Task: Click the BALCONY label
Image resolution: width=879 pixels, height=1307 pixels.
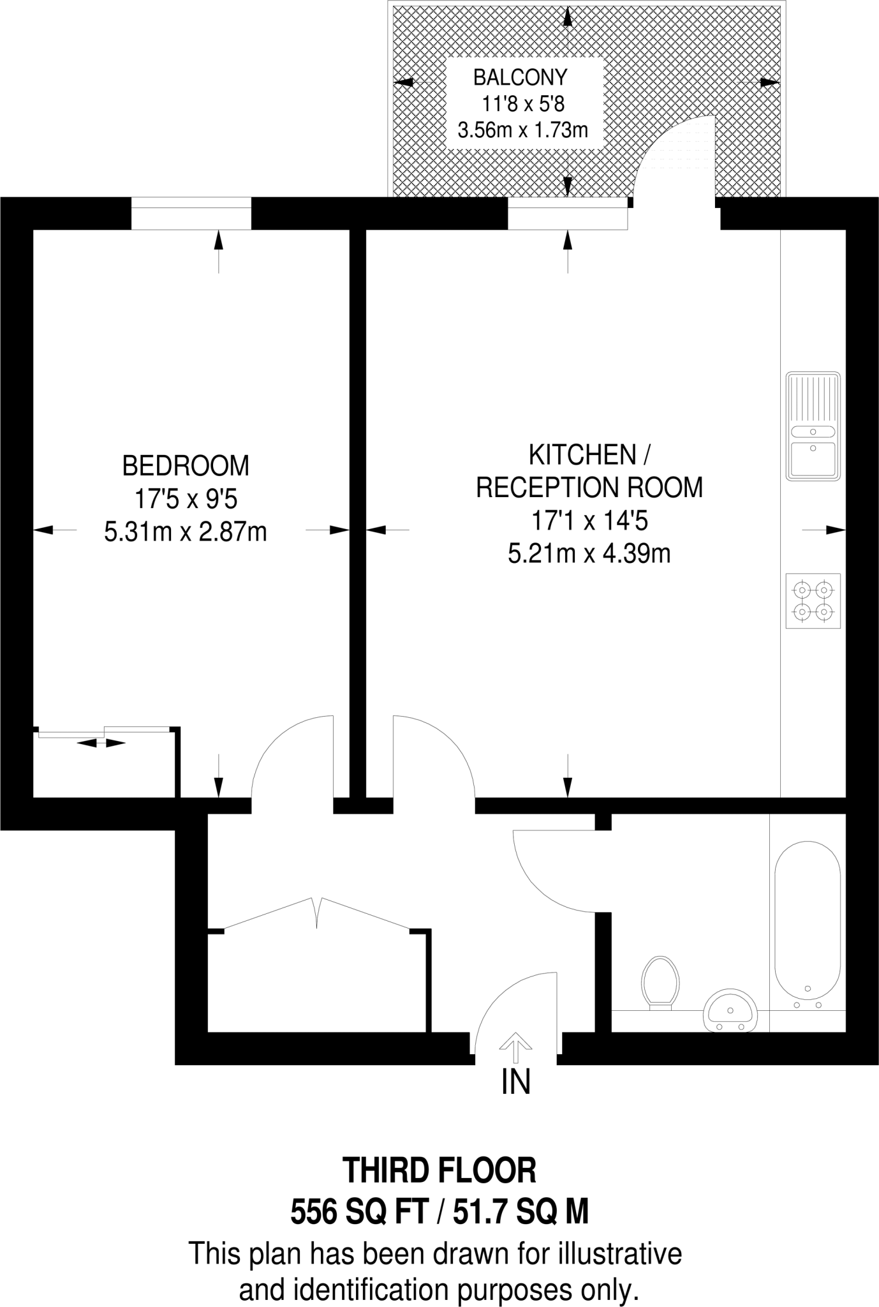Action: coord(519,77)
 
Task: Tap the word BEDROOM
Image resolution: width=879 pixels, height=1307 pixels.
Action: coord(186,467)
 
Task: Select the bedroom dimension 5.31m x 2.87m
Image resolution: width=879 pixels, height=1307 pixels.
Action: coord(186,532)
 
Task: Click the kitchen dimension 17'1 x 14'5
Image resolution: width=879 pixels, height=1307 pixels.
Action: coord(589,521)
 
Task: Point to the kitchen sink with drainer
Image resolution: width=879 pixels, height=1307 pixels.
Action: coord(813,426)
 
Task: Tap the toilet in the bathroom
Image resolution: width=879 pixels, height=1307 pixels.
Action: coord(660,983)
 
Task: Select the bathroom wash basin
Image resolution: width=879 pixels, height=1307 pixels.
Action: coord(730,1010)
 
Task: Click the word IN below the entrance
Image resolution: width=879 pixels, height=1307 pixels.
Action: coord(515,1082)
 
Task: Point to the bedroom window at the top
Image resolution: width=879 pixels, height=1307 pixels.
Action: coord(191,213)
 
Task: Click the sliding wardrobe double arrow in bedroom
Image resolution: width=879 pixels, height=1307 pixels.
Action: coord(101,743)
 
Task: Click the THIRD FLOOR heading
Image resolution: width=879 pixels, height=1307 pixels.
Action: coord(440,1170)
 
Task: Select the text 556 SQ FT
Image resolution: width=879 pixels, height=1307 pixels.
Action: coord(358,1211)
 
